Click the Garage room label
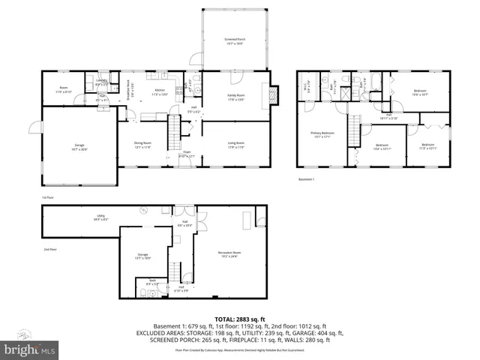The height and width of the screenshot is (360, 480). [x=79, y=147]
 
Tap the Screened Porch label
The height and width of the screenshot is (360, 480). [x=235, y=40]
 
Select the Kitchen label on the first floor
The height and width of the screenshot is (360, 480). [x=160, y=91]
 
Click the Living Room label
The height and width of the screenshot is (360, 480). [x=237, y=145]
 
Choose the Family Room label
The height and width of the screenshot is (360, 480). [x=237, y=97]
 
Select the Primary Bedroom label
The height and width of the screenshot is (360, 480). [x=322, y=135]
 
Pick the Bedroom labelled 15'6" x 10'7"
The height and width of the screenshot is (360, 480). [x=420, y=93]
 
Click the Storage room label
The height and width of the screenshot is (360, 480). [x=142, y=256]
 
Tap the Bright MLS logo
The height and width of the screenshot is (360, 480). [x=30, y=349]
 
